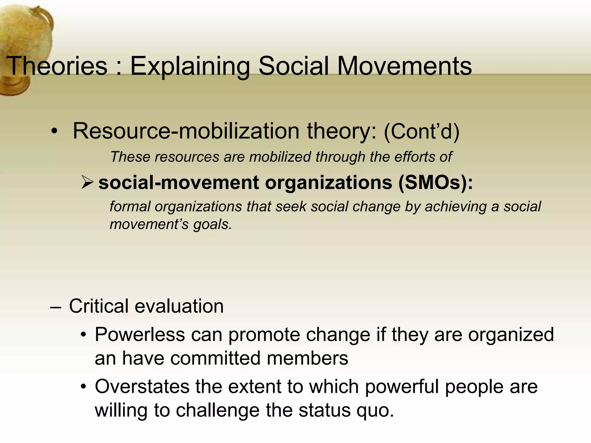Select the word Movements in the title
click(404, 66)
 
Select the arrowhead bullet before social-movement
click(87, 183)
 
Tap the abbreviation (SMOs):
click(435, 183)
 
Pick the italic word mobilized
click(280, 157)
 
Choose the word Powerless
click(140, 335)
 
